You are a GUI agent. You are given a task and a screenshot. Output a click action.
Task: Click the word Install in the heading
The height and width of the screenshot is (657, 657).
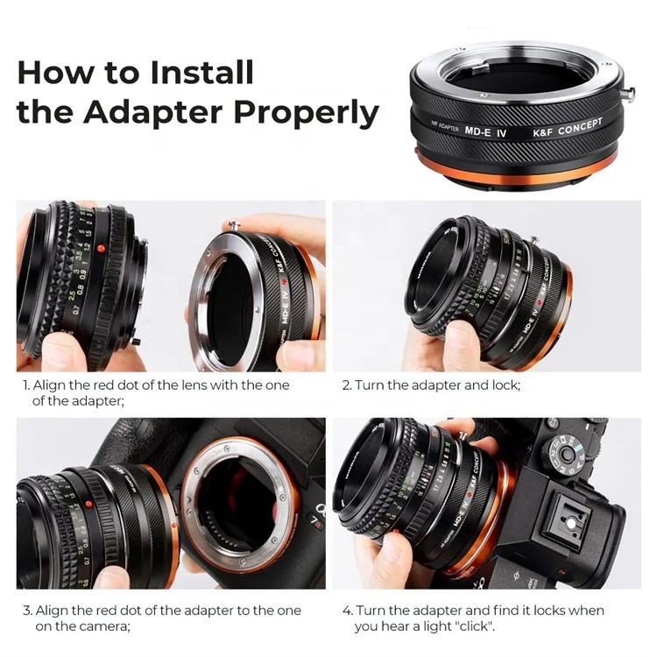pyautogui.click(x=201, y=71)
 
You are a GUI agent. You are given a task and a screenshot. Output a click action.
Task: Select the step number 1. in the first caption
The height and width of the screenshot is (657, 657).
pyautogui.click(x=26, y=385)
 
